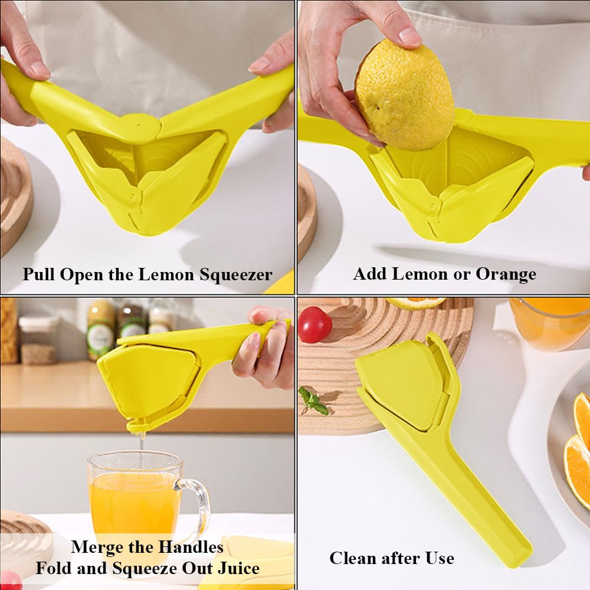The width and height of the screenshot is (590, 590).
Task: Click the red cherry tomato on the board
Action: (314, 324)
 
